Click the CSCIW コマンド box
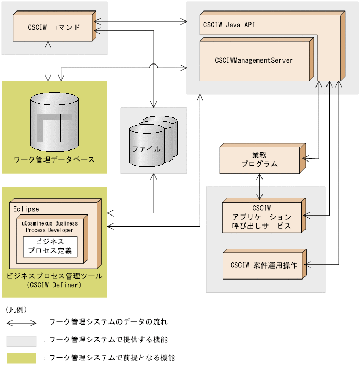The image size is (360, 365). pyautogui.click(x=53, y=27)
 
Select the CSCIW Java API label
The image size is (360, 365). pyautogui.click(x=229, y=24)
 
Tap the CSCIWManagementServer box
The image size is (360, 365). pyautogui.click(x=254, y=60)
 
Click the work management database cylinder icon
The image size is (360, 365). pyautogui.click(x=54, y=122)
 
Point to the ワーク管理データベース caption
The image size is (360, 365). pyautogui.click(x=54, y=159)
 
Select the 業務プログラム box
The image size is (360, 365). pyautogui.click(x=259, y=159)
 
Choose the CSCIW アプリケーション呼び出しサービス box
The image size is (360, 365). pyautogui.click(x=260, y=215)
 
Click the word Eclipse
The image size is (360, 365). pyautogui.click(x=26, y=209)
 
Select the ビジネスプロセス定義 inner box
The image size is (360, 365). pyautogui.click(x=50, y=246)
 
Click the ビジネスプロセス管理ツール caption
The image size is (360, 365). pyautogui.click(x=54, y=276)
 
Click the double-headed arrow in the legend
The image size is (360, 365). pyautogui.click(x=21, y=322)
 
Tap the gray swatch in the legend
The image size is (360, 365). pyautogui.click(x=21, y=340)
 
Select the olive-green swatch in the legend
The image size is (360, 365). pyautogui.click(x=21, y=358)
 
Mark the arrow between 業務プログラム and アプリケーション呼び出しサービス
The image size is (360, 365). pyautogui.click(x=259, y=185)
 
